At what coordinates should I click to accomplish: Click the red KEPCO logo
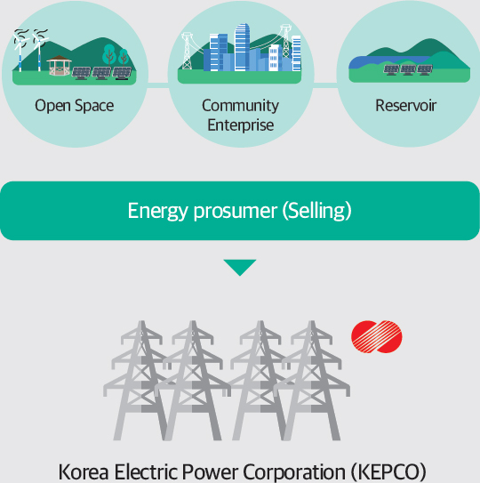tap(377, 337)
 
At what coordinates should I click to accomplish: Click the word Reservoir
tap(406, 106)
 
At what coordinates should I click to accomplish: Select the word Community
tap(241, 106)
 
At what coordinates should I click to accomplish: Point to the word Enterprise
tap(241, 125)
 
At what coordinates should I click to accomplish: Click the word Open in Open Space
tap(52, 106)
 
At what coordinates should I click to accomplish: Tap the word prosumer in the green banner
tap(236, 212)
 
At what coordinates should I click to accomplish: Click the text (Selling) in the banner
tap(316, 211)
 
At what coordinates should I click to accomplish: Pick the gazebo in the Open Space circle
tap(60, 65)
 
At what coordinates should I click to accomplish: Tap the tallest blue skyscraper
tap(242, 47)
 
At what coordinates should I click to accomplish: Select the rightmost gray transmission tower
tap(313, 381)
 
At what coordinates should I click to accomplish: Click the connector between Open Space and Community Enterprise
tap(158, 85)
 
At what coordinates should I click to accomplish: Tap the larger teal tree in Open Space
tap(109, 54)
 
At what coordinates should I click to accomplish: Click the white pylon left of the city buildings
tap(187, 51)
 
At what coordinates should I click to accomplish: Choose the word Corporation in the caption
tap(294, 471)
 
